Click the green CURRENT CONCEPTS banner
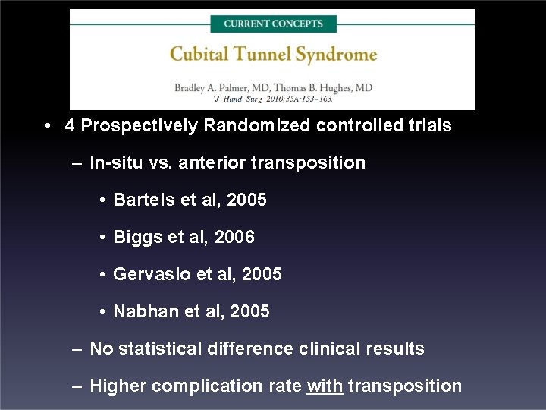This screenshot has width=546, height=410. [x=273, y=24]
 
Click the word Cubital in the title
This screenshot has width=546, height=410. [x=199, y=54]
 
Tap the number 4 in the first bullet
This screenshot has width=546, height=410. [x=70, y=125]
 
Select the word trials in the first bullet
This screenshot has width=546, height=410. [x=428, y=125]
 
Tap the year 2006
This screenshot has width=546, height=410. [x=234, y=237]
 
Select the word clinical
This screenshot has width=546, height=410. [x=330, y=348]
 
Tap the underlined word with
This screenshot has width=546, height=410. [x=325, y=386]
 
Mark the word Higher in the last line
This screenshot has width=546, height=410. [x=118, y=386]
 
